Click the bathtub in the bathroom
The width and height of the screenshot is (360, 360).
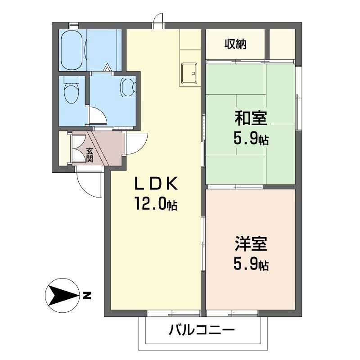tap(72, 50)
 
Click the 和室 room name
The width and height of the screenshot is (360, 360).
tap(251, 119)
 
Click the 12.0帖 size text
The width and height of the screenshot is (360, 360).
tap(155, 205)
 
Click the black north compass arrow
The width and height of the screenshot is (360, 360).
tap(62, 296)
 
